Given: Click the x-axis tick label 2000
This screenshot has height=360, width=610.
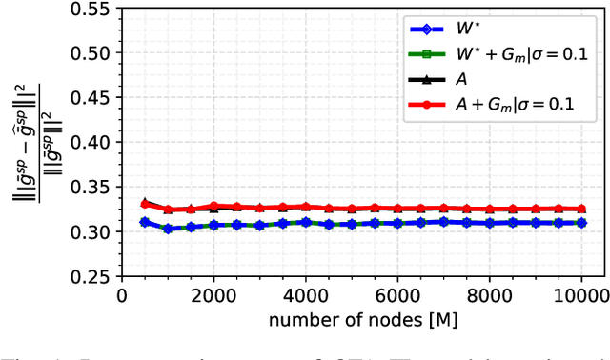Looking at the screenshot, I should [x=213, y=294].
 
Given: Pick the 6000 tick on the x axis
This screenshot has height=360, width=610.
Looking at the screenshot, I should [x=397, y=294].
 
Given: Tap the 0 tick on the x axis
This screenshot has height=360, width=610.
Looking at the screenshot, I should [x=121, y=294].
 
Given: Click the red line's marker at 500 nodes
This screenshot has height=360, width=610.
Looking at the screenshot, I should [x=145, y=204].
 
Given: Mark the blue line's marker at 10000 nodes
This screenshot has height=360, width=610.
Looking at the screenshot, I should [x=581, y=223].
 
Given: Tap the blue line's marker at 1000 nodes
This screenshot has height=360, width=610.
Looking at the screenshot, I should [x=168, y=229].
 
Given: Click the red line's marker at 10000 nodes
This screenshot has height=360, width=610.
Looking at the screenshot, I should [x=581, y=209].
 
